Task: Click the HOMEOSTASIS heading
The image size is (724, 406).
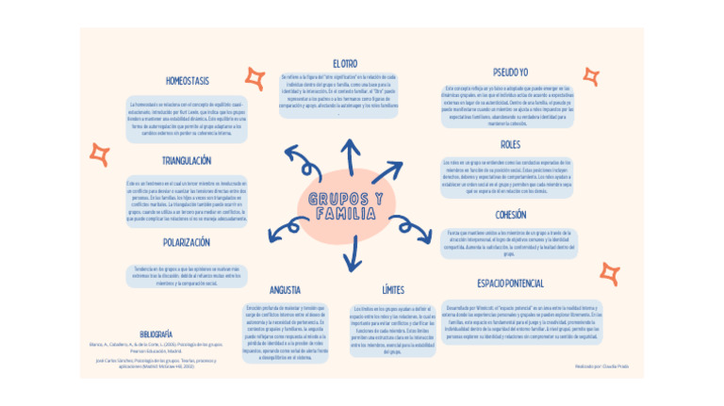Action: coord(188,81)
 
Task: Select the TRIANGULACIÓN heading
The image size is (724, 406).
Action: coord(186,161)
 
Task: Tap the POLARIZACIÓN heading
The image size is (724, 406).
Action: coord(186,242)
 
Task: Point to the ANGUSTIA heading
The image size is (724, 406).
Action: coord(285,289)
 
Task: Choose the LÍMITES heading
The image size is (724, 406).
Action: coord(393,289)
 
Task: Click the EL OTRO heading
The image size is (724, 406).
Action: coord(345,63)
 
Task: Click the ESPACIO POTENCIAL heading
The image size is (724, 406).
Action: coord(510,283)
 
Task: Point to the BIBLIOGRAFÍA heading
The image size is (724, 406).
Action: coord(156,334)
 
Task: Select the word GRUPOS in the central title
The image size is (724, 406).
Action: coord(346,199)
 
